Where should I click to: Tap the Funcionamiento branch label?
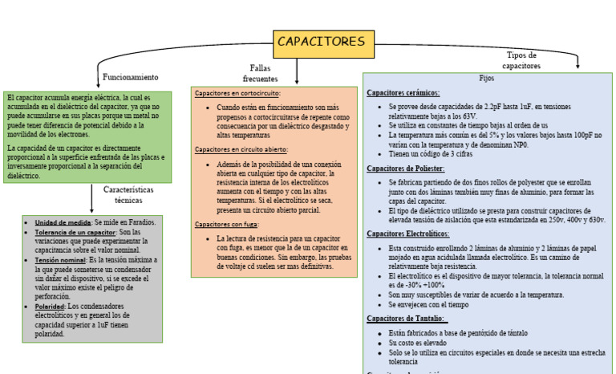131,77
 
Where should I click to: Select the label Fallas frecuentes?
260,74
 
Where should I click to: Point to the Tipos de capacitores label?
521,60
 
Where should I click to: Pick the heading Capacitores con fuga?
226,224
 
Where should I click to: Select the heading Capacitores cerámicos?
403,92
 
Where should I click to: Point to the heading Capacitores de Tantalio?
407,319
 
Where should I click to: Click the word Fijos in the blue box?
487,79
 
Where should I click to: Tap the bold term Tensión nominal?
60,260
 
